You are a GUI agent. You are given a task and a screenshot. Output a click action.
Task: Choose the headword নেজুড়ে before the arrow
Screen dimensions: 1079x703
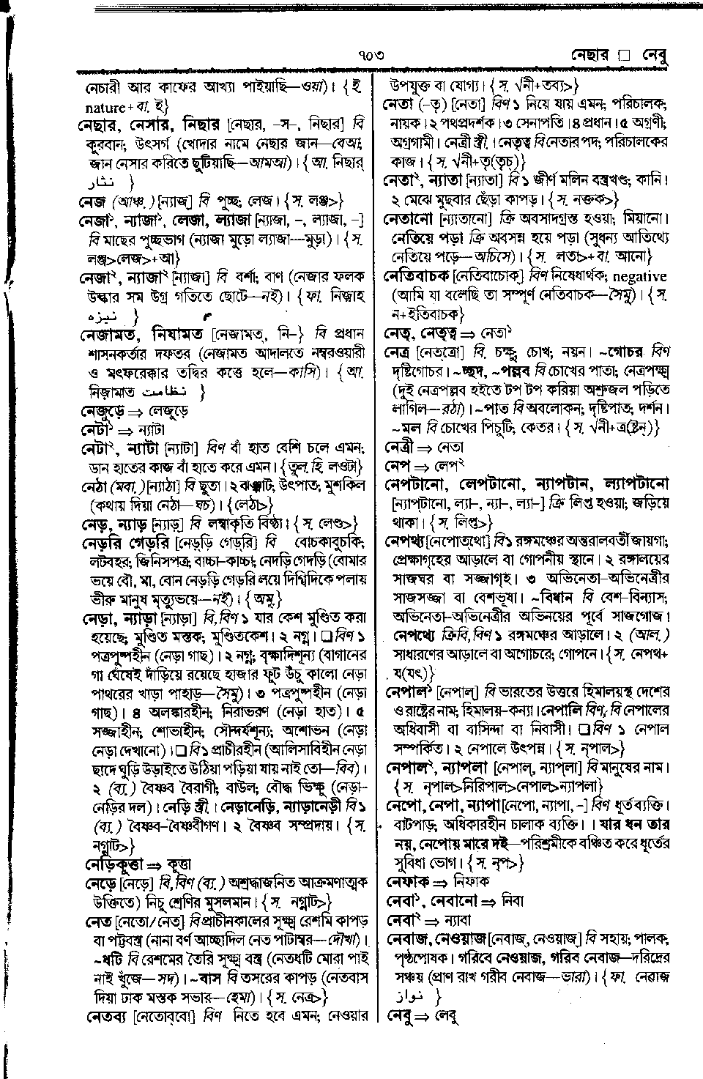point(102,412)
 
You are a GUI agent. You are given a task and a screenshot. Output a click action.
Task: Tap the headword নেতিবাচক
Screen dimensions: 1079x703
point(417,277)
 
